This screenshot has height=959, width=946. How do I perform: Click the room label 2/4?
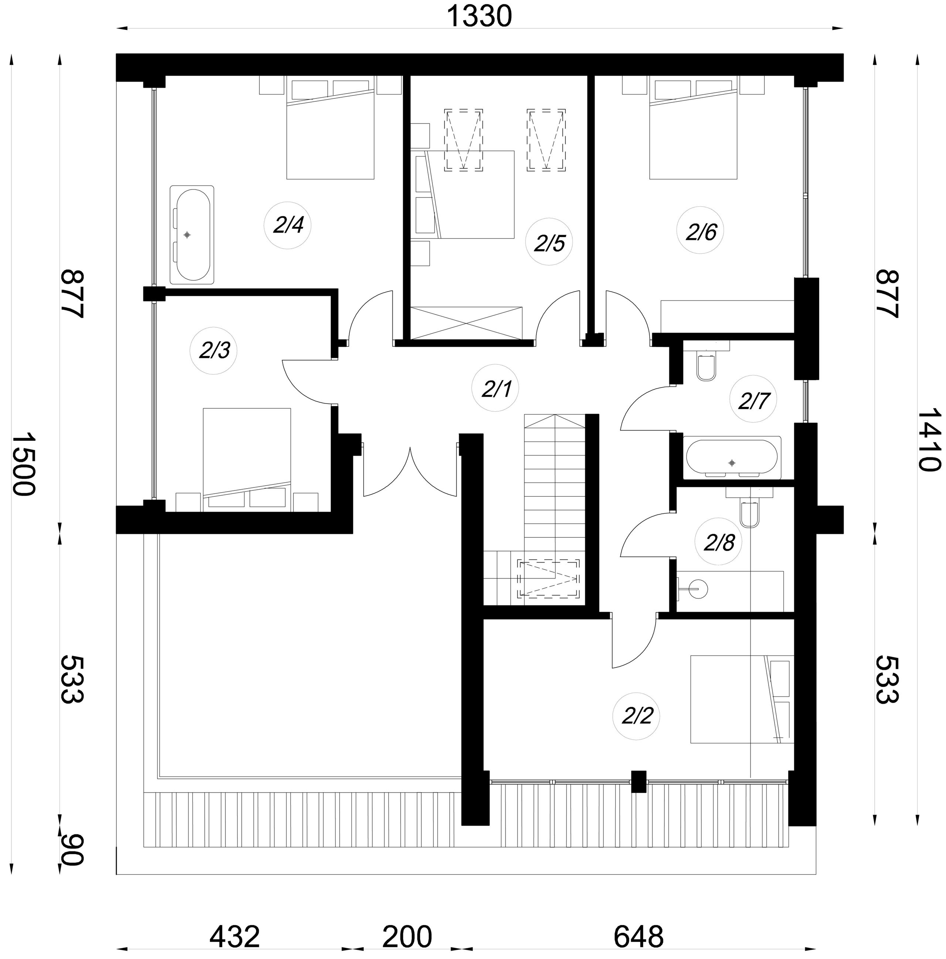288,226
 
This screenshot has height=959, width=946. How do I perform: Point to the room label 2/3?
214,351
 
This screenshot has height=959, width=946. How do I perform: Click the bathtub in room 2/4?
192,235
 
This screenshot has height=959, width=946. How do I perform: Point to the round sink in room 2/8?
697,589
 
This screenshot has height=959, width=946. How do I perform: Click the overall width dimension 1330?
479,16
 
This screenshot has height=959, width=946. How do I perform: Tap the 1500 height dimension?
23,464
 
